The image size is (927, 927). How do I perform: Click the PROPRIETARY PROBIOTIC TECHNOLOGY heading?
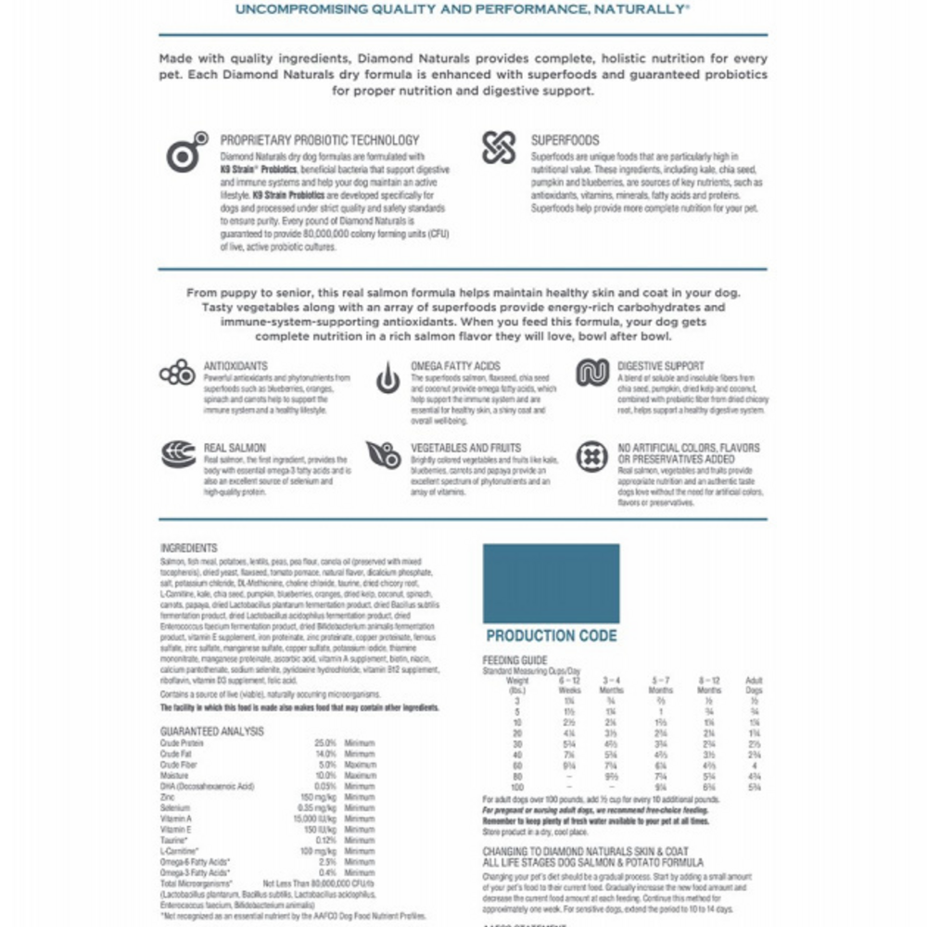click(320, 140)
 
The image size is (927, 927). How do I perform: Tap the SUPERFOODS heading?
click(565, 140)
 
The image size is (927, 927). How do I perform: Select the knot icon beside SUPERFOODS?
click(498, 148)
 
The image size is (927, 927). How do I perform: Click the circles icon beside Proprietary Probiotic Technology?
click(186, 151)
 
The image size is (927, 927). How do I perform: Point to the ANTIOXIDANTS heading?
click(235, 366)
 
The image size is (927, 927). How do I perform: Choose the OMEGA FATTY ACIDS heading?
click(455, 366)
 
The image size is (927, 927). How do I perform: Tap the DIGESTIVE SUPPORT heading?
click(661, 366)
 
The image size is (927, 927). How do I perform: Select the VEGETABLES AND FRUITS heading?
click(466, 448)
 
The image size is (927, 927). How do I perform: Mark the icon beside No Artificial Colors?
click(591, 456)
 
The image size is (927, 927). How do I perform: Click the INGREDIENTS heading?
click(188, 548)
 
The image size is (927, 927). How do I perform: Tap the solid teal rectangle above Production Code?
click(551, 583)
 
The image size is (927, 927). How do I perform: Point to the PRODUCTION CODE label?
click(551, 636)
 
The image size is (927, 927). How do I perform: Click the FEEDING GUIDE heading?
click(514, 660)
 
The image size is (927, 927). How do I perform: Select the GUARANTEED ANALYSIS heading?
click(211, 731)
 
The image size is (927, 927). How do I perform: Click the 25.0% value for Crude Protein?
click(324, 743)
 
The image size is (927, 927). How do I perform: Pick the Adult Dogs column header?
click(754, 685)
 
